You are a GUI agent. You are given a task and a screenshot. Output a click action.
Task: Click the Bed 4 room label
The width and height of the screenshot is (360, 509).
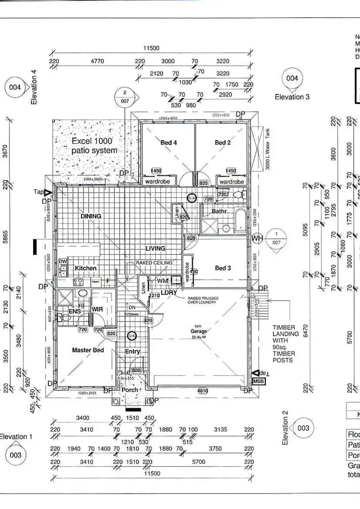(x=168, y=142)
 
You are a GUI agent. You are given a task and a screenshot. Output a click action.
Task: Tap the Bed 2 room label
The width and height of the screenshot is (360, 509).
(x=223, y=142)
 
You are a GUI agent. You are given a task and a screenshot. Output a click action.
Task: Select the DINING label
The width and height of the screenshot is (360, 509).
(x=91, y=216)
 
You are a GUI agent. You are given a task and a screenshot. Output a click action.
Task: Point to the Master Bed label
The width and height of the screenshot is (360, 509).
(x=88, y=350)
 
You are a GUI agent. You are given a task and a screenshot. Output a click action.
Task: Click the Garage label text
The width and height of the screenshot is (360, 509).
(x=199, y=331)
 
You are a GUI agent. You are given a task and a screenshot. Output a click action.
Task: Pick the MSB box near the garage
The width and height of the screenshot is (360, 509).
(x=258, y=381)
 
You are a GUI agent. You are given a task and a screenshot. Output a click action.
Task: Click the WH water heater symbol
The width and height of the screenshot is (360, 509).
(x=257, y=238)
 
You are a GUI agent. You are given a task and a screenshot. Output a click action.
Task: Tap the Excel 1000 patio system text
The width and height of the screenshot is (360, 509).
(x=94, y=145)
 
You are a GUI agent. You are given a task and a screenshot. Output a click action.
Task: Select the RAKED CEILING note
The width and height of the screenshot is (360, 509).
(x=154, y=263)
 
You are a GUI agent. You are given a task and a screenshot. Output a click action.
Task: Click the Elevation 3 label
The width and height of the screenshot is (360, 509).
(x=292, y=97)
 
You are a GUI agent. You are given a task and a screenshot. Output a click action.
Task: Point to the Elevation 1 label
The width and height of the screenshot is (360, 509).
(x=16, y=437)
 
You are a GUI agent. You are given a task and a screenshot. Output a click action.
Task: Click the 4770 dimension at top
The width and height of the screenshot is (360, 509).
(x=97, y=61)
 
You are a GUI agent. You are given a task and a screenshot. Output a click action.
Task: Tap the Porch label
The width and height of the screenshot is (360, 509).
(x=130, y=390)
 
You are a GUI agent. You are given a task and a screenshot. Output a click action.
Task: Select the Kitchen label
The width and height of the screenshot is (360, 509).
(x=85, y=268)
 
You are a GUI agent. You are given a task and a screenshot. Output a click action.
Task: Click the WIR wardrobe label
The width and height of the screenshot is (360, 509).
(x=98, y=309)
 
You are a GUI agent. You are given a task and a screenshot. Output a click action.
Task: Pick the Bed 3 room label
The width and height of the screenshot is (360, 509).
(x=223, y=268)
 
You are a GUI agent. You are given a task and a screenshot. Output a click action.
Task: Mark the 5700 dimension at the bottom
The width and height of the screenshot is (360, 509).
(x=198, y=462)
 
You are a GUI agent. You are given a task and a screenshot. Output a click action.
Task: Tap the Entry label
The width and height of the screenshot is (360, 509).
(x=132, y=352)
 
